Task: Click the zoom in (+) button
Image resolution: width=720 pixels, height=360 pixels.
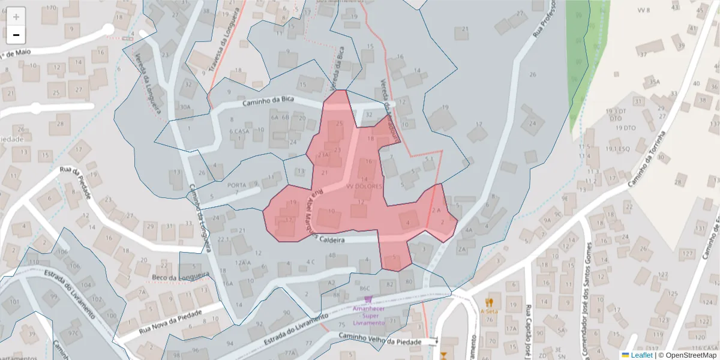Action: (16, 17)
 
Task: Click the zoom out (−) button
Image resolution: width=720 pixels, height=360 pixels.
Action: (16, 35)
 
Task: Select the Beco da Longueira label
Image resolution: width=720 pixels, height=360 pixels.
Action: (181, 277)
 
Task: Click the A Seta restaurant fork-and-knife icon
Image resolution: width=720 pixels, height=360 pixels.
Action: (490, 302)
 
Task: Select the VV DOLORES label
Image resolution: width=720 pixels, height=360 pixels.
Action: (364, 187)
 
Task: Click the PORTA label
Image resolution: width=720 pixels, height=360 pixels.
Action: (238, 185)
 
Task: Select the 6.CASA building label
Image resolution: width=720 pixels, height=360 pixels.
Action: (239, 131)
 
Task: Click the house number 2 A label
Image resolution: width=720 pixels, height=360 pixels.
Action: (436, 211)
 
